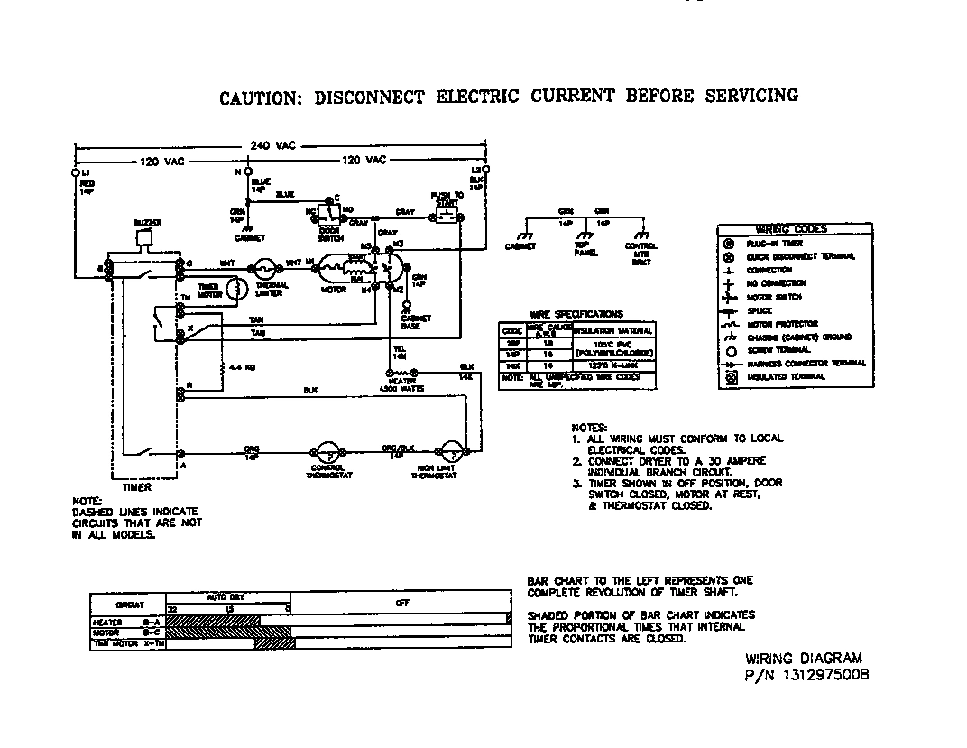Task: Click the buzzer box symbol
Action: tap(143, 239)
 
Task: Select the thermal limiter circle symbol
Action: tap(264, 268)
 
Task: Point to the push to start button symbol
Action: tap(446, 217)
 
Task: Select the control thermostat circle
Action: tap(326, 453)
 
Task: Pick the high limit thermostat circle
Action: tap(447, 453)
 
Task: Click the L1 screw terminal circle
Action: tap(74, 171)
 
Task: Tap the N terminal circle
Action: tap(246, 171)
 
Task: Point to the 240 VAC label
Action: tap(278, 145)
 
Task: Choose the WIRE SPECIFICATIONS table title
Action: tap(577, 314)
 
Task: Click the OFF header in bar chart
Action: tap(401, 603)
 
